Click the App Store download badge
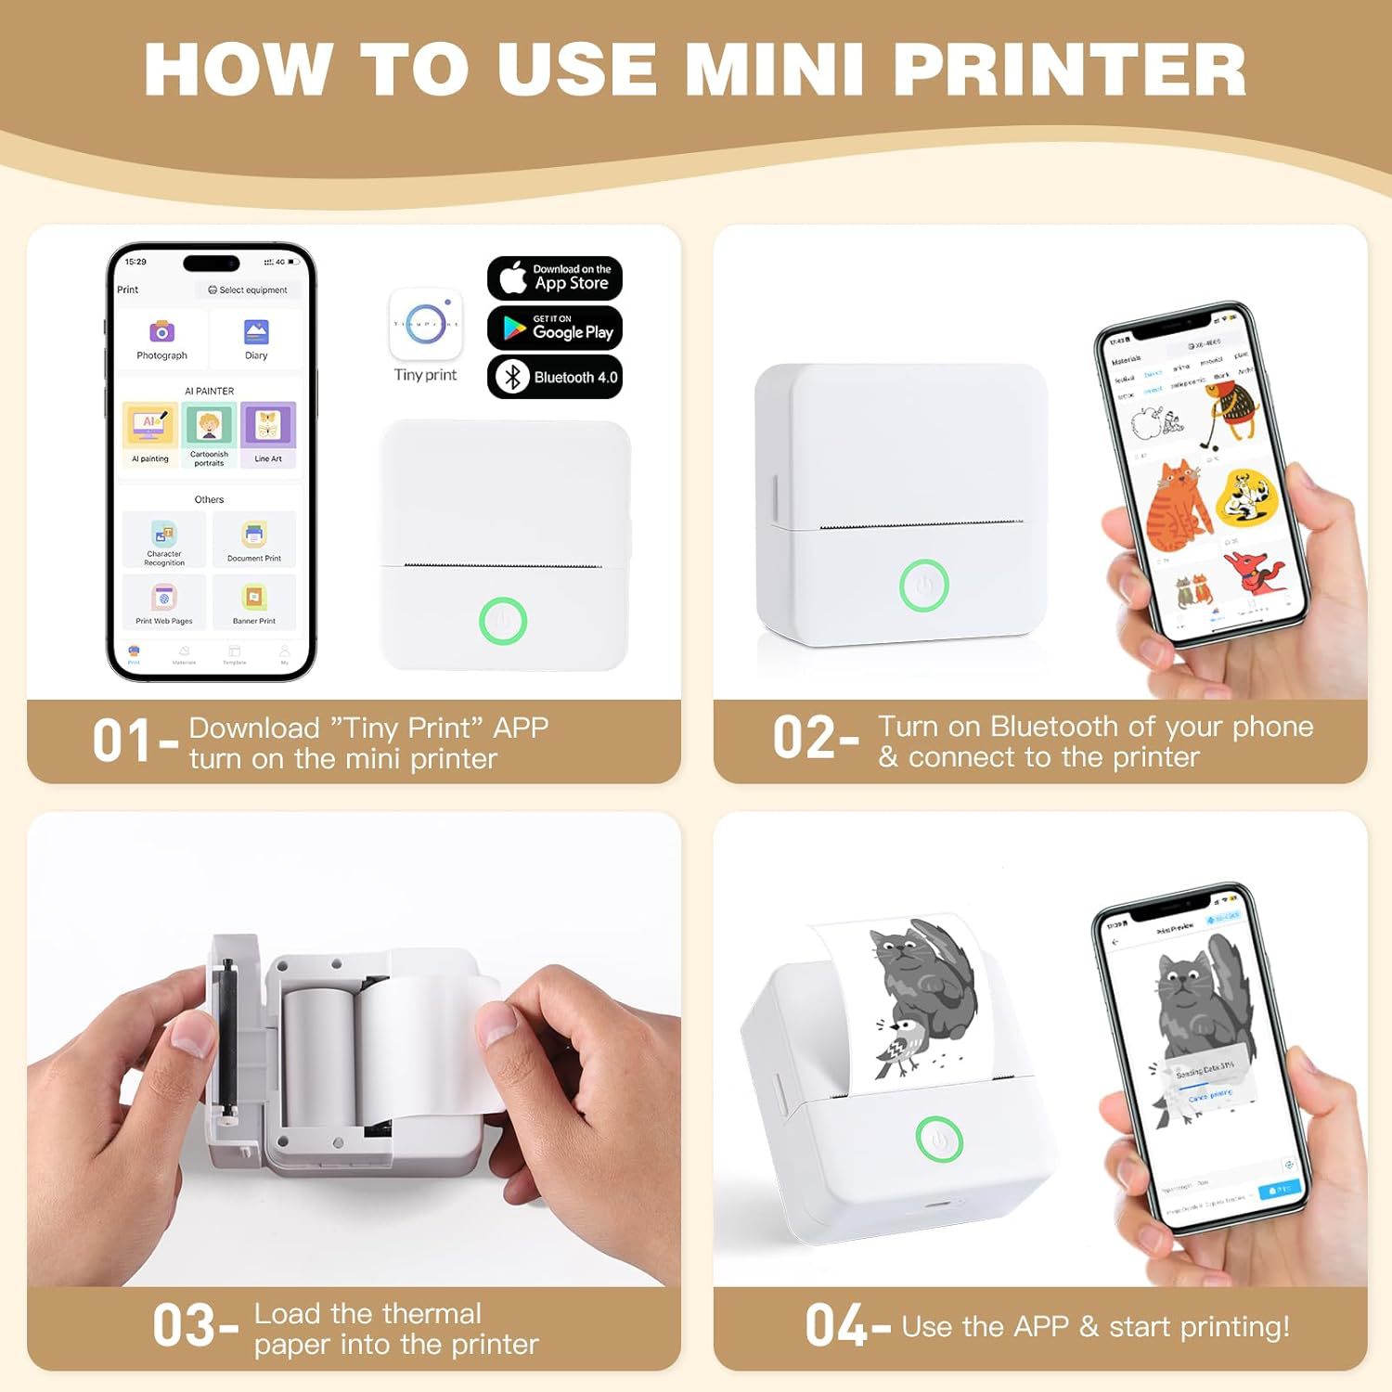point(555,277)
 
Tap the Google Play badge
point(555,328)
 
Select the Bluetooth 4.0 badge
point(555,377)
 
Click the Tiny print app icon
point(426,325)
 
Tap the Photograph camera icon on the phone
point(162,331)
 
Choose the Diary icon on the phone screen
point(256,331)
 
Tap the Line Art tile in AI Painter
point(268,432)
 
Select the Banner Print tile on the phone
point(254,601)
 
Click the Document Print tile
point(254,538)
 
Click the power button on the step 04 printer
point(939,1139)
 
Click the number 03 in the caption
point(184,1326)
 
